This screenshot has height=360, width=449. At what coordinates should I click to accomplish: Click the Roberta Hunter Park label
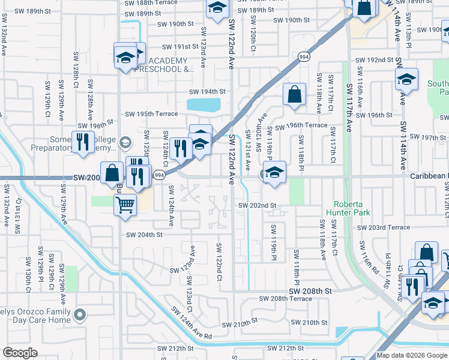click(x=348, y=208)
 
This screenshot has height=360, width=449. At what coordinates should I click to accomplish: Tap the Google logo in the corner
click(x=20, y=353)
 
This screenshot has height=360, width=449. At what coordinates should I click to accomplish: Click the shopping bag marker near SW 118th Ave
click(x=294, y=94)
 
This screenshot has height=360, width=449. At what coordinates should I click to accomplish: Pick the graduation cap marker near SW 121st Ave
click(x=274, y=172)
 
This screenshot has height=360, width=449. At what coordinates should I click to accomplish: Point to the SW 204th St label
click(x=143, y=235)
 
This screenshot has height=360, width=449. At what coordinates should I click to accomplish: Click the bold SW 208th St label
click(x=310, y=290)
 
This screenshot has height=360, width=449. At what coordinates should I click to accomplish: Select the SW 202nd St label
click(x=257, y=205)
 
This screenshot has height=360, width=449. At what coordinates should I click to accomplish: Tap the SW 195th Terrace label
click(x=151, y=114)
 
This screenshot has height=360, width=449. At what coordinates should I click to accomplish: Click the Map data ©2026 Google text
click(x=411, y=355)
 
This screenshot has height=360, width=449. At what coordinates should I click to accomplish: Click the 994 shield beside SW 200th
click(x=159, y=175)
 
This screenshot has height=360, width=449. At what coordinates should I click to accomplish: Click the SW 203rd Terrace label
click(x=383, y=227)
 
